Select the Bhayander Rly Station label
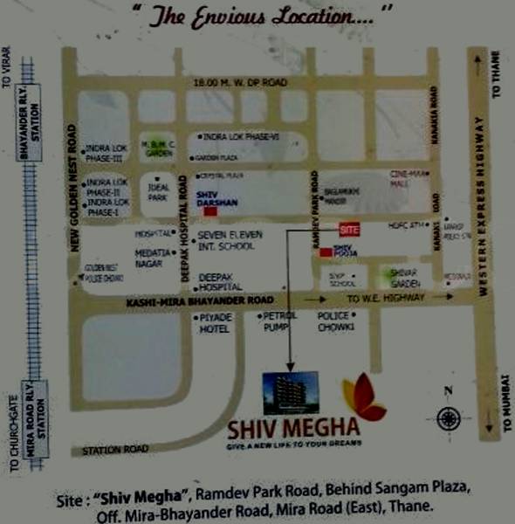point(35,133)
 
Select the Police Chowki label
point(334,321)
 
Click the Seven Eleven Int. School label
point(225,241)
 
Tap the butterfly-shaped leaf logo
point(363,397)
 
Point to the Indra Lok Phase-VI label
point(241,137)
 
